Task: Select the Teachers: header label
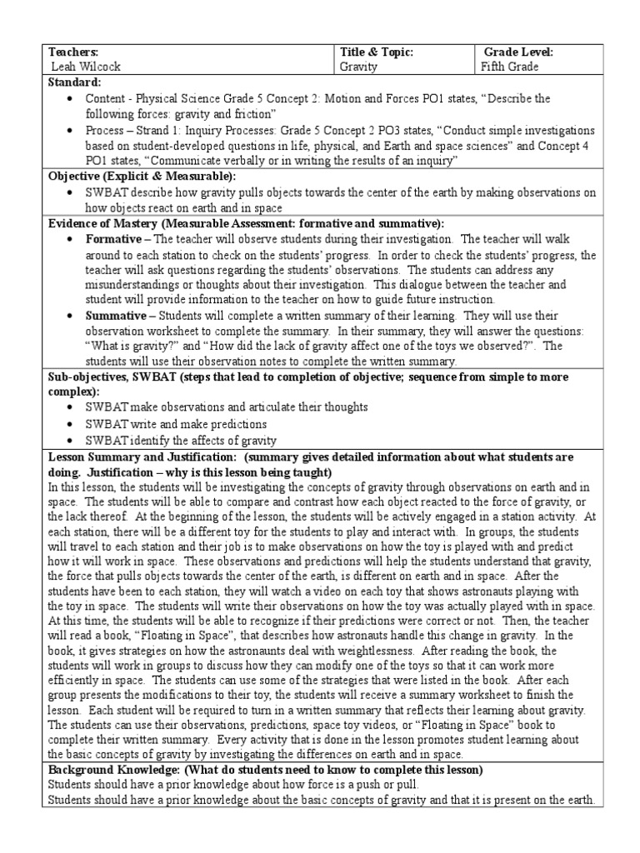tap(73, 52)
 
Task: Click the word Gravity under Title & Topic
tap(358, 67)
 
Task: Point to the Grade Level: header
tap(517, 52)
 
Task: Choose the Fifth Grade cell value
tap(510, 67)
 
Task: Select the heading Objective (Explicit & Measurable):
tap(142, 177)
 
